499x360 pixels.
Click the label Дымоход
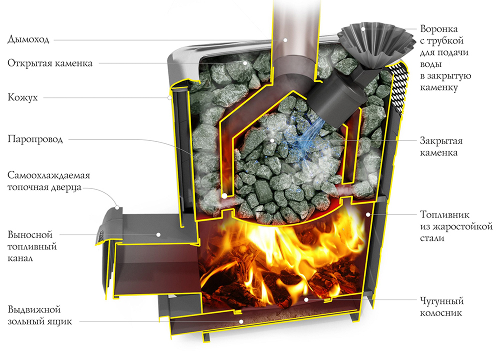pos(28,39)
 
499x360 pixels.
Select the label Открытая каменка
pos(50,63)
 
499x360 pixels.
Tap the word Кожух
pos(22,98)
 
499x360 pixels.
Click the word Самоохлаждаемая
pos(48,176)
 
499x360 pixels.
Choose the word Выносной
pos(30,234)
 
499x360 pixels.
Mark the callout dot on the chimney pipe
pos(285,39)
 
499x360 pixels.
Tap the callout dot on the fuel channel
pos(157,234)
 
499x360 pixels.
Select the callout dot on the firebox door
pos(117,206)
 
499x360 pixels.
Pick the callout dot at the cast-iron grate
pos(306,300)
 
